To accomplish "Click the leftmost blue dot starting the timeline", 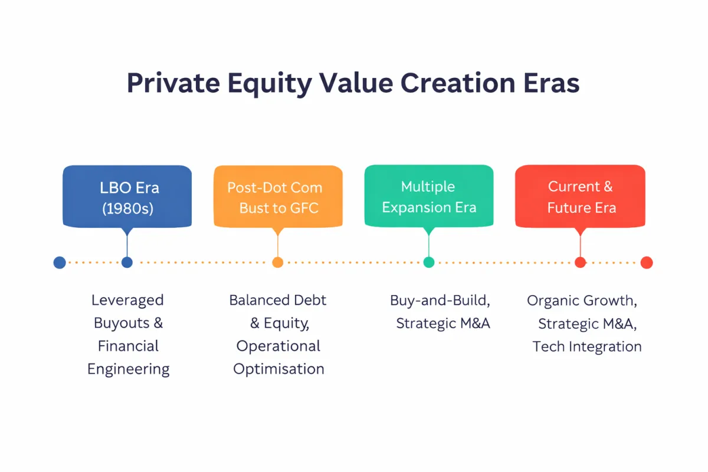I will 60,263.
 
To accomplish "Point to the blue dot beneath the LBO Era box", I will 127,263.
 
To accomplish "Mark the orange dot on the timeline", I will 278,263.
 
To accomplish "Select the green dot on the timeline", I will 429,263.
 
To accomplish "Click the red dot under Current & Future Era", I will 580,263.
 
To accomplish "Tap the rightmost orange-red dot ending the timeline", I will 646,263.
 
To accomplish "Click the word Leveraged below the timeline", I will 127,300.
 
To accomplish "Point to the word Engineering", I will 128,370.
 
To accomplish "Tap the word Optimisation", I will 278,369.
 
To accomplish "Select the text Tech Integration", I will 587,346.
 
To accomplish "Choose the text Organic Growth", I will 581,300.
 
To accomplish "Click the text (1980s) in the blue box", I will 127,208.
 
